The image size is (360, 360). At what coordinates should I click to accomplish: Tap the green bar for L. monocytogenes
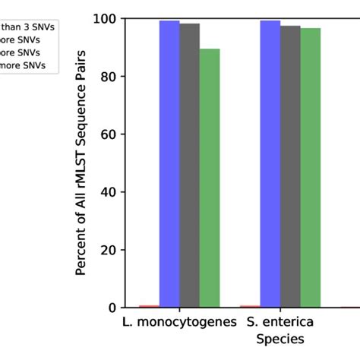(x=210, y=178)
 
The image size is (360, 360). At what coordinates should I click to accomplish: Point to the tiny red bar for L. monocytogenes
(x=150, y=306)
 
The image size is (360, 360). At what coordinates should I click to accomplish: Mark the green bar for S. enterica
(x=311, y=168)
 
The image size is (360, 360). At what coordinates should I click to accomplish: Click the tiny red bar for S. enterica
(x=250, y=306)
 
